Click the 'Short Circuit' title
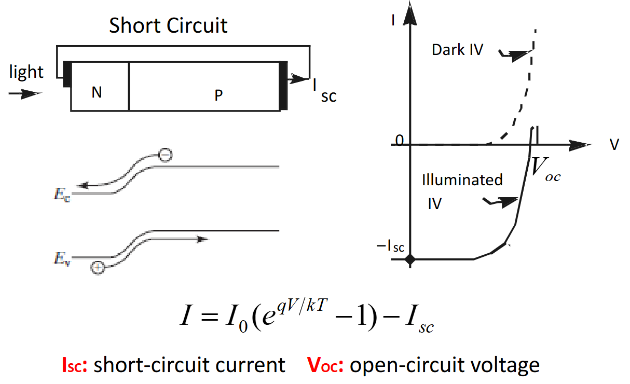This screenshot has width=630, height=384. click(x=168, y=25)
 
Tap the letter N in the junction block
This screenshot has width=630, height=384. click(x=97, y=92)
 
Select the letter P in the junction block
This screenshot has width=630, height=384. click(x=218, y=95)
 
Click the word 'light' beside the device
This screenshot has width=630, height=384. click(x=26, y=72)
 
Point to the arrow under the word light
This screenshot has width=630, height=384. click(x=25, y=93)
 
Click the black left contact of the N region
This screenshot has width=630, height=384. click(x=67, y=74)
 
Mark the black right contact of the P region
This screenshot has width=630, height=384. click(x=283, y=86)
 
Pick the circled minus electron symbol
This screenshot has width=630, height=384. click(x=165, y=155)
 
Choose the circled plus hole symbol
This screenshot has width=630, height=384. click(x=98, y=268)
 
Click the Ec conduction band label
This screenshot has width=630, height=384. click(x=62, y=195)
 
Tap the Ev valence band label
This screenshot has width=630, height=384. click(x=62, y=258)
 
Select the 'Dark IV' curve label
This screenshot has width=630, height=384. click(x=457, y=50)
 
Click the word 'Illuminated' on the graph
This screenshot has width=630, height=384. click(x=462, y=180)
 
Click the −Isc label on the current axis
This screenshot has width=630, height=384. click(x=390, y=246)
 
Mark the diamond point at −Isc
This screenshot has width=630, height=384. click(x=410, y=259)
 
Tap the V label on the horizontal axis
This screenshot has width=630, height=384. click(x=614, y=145)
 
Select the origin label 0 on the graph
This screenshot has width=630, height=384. click(x=400, y=140)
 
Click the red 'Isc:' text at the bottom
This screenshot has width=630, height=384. click(x=75, y=365)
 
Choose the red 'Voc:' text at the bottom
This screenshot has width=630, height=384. click(x=325, y=365)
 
